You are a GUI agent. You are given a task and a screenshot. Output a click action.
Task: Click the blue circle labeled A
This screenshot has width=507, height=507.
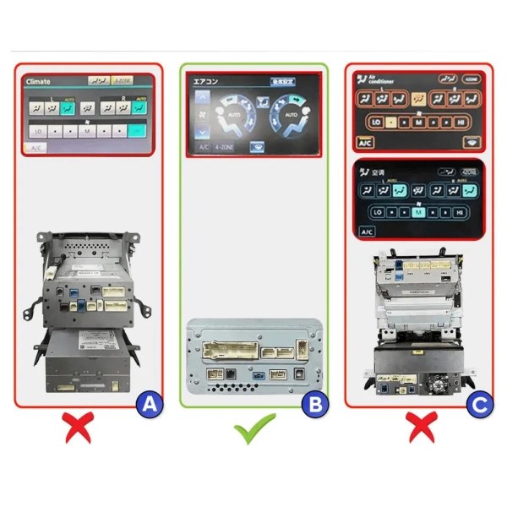[x=149, y=405]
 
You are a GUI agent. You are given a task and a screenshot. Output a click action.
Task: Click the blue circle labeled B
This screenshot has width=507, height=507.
[x=314, y=405]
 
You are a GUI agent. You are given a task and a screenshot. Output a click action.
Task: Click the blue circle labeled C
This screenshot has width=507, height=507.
[x=479, y=405]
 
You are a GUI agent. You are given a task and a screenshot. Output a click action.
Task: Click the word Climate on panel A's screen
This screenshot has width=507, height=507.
[x=38, y=82]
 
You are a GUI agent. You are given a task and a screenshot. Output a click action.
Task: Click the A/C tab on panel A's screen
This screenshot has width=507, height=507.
[x=36, y=148]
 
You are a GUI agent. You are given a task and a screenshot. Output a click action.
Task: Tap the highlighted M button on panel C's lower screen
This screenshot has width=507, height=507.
[x=417, y=213]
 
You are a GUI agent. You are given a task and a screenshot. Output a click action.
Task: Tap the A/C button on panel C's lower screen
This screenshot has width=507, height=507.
[x=367, y=232]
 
